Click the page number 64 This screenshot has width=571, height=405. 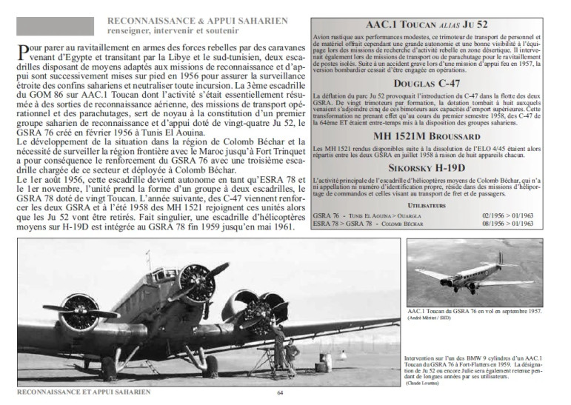281,393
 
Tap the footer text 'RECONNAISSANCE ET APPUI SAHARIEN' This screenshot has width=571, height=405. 83,392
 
